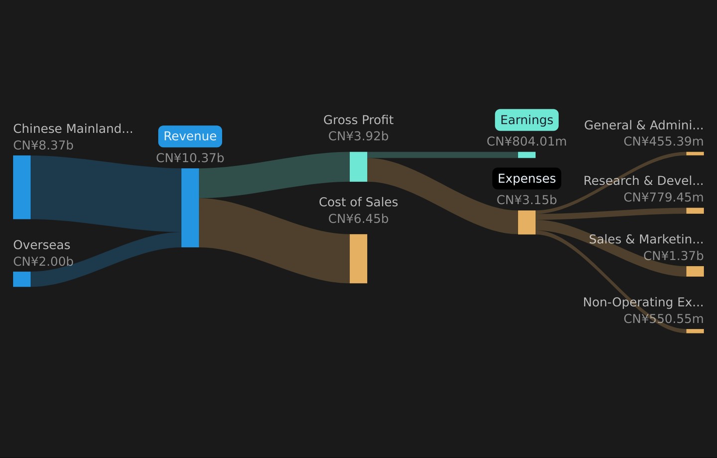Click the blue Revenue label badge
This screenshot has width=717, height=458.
(x=190, y=136)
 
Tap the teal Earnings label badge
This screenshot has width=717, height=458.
(x=527, y=120)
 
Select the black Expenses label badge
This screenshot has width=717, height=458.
(x=527, y=179)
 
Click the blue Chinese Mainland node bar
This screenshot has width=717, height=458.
(x=22, y=187)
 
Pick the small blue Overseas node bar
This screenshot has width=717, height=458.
(x=22, y=279)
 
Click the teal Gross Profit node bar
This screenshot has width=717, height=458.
(x=358, y=167)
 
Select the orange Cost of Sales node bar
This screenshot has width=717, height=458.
(x=358, y=258)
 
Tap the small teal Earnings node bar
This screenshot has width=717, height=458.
(x=527, y=155)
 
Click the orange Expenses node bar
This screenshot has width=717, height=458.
(x=527, y=223)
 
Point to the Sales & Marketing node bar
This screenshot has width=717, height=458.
(x=695, y=271)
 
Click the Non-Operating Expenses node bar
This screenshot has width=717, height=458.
(x=695, y=331)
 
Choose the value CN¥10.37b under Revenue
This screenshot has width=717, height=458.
(x=190, y=158)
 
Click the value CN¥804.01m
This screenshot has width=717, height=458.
(x=527, y=141)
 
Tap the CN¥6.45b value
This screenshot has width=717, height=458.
(x=358, y=219)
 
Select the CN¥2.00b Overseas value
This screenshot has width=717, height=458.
(x=43, y=262)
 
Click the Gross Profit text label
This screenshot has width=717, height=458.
(x=358, y=120)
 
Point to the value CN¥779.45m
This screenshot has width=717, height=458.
(x=664, y=198)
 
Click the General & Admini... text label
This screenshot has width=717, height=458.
(x=644, y=125)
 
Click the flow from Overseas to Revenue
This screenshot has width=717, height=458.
(x=106, y=259)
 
